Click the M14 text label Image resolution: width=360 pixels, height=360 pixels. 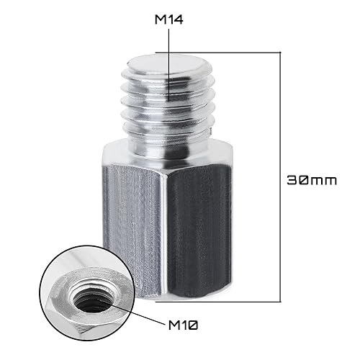click(168, 21)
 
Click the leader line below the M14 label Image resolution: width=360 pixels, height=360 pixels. click(168, 65)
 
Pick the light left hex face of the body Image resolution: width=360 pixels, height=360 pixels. click(133, 230)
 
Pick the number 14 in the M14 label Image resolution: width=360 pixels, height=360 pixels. click(175, 21)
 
